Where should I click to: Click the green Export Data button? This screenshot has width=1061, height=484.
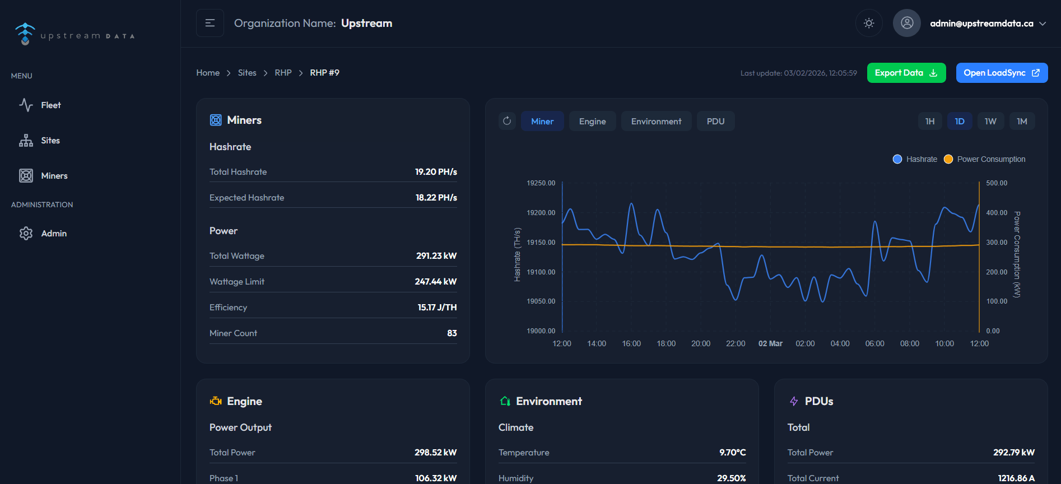click(906, 73)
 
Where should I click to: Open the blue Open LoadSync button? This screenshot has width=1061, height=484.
click(1001, 73)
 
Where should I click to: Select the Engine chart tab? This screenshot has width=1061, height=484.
click(592, 122)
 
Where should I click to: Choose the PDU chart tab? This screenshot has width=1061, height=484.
click(715, 122)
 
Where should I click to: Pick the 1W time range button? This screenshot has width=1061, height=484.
click(990, 122)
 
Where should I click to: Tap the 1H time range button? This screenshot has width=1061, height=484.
click(929, 122)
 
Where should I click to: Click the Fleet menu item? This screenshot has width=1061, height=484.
click(50, 105)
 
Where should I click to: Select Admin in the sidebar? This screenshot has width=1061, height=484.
click(54, 234)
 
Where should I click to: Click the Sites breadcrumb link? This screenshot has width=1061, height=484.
click(246, 73)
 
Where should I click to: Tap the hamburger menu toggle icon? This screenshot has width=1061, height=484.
click(210, 23)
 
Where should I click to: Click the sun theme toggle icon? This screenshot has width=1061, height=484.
click(868, 23)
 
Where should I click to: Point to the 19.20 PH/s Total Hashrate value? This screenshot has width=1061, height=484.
click(436, 172)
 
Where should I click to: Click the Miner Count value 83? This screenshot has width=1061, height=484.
click(452, 333)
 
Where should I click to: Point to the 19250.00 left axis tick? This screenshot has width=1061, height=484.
click(541, 183)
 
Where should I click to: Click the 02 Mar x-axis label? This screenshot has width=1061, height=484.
click(770, 343)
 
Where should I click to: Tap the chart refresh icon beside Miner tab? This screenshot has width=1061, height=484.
click(507, 121)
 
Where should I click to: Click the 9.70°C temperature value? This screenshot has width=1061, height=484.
click(732, 453)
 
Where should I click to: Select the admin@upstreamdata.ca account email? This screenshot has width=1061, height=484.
click(981, 24)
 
